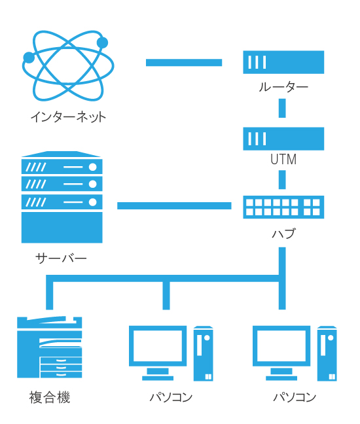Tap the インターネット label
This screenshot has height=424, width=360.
(68, 117)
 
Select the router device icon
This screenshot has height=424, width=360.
(283, 62)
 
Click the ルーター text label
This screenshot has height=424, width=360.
(283, 87)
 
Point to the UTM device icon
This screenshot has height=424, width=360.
(283, 139)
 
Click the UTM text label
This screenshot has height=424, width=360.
(283, 159)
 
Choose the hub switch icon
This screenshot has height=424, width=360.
(283, 207)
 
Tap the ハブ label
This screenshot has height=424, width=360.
(283, 234)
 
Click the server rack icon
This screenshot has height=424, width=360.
(62, 197)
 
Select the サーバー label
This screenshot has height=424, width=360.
(61, 258)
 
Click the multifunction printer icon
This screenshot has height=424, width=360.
(50, 347)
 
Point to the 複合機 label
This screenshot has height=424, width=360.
(50, 398)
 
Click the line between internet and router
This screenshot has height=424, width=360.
(184, 62)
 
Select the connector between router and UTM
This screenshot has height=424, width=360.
(282, 108)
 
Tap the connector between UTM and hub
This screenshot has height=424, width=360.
(282, 180)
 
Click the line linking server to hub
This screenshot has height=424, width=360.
(174, 205)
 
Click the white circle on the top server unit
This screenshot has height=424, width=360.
(93, 167)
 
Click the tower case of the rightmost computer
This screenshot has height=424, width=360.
(327, 353)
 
